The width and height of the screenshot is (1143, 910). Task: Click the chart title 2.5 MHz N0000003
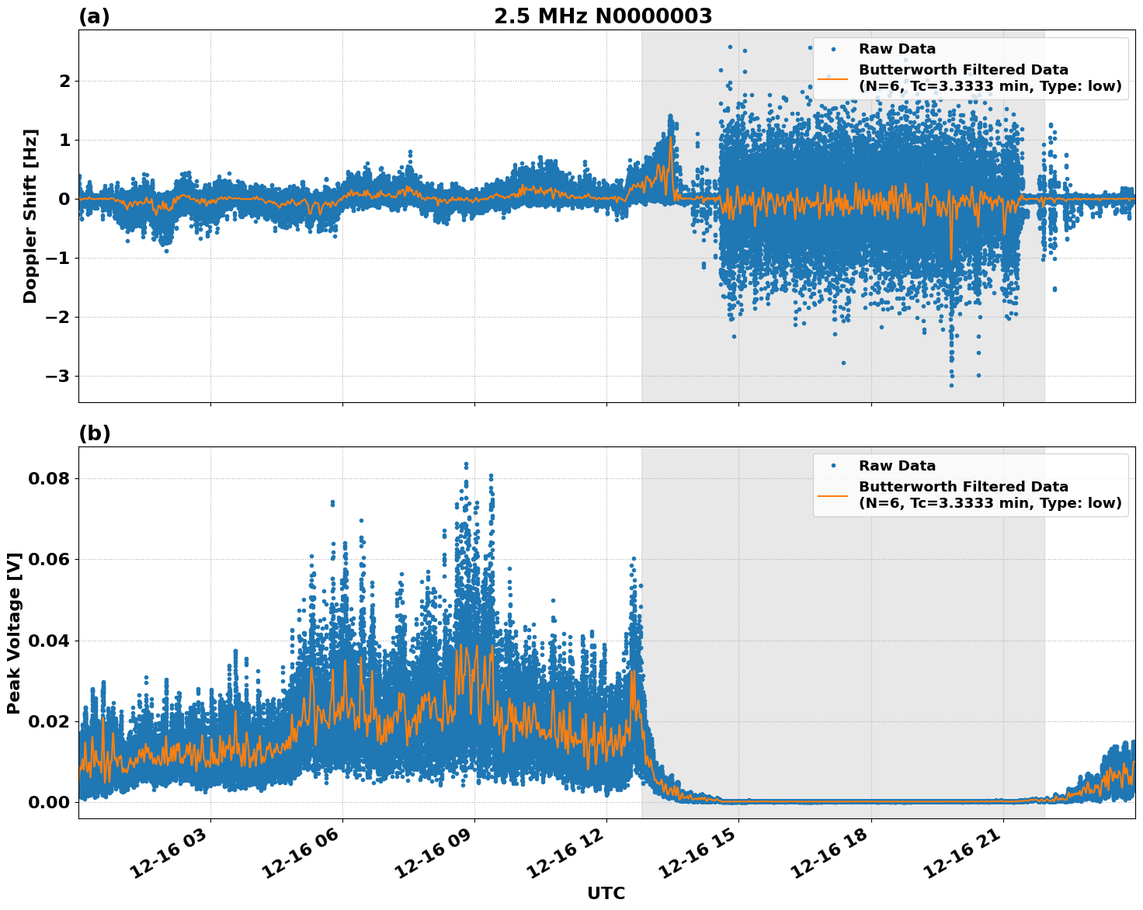603,16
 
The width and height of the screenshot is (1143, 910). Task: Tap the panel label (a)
94,16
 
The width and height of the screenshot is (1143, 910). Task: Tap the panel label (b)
94,433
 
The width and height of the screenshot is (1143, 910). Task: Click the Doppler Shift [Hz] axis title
30,216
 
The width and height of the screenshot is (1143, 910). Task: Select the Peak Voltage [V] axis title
13,633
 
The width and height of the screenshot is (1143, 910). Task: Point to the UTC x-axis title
606,893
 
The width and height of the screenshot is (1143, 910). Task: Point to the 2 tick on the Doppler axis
65,82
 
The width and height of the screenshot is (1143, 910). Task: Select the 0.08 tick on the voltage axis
49,478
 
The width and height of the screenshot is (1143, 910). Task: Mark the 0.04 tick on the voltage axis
49,641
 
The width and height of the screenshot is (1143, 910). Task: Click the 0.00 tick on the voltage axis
49,802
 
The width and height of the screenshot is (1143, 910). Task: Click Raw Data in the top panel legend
897,49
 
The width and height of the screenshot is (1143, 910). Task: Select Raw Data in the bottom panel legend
897,466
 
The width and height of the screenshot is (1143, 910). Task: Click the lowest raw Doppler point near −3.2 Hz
951,385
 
